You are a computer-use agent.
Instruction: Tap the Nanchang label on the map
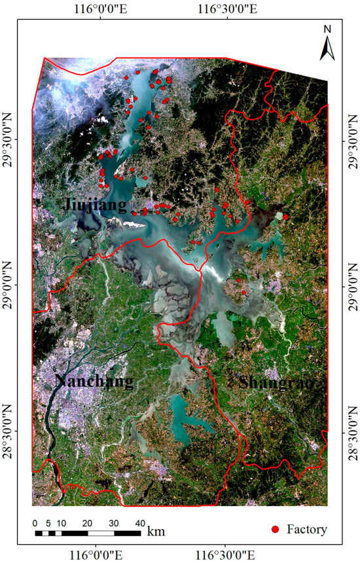pos(94,381)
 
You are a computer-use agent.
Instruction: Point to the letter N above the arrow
pos(327,28)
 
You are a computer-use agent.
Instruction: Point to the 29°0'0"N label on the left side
pos(10,287)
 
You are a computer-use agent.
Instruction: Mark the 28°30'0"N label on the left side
pos(10,431)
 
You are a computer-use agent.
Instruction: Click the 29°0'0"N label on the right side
pos(351,287)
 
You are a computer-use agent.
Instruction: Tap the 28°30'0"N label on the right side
pos(351,431)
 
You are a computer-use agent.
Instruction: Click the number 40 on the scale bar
pos(139,523)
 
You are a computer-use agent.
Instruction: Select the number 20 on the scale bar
pos(86,523)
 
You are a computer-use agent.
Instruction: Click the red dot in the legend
pos(276,529)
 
